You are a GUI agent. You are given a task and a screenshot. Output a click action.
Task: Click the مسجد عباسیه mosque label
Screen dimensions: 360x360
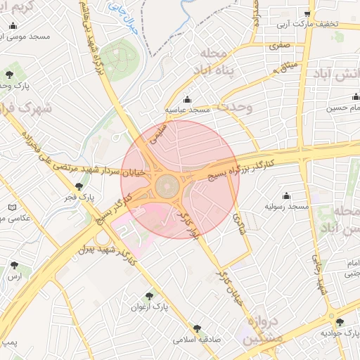click(188, 110)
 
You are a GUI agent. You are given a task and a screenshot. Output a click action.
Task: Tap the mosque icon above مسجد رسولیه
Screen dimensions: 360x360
click(286, 196)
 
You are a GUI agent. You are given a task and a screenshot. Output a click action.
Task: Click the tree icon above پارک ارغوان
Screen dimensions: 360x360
click(148, 297)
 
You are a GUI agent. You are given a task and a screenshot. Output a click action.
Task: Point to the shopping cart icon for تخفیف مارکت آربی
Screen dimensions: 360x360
click(307, 13)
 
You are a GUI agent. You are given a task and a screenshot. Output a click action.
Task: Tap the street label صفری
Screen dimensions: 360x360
click(278, 44)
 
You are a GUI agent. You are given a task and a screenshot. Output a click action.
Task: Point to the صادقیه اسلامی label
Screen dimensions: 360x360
click(198, 338)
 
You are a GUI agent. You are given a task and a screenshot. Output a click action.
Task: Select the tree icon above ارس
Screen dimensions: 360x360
click(15, 266)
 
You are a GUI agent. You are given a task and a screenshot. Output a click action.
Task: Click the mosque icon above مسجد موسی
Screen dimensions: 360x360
click(13, 26)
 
